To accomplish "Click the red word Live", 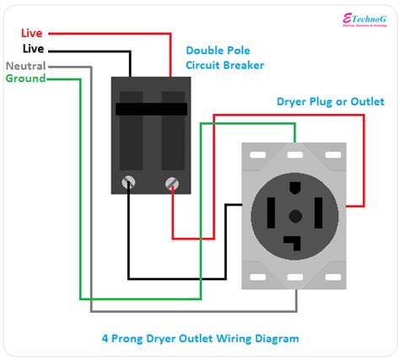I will (x=33, y=33).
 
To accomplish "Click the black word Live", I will (x=33, y=50).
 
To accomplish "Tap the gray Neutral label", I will (x=25, y=66).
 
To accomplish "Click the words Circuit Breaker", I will (x=225, y=65).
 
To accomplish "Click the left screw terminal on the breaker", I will (x=130, y=180).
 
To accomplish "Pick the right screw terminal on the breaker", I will (x=173, y=180).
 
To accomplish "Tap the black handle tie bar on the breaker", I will (x=151, y=110).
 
